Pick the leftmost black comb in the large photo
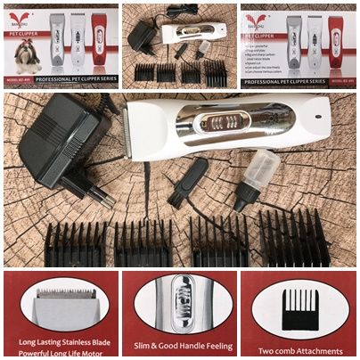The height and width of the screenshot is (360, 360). coord(75,242)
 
